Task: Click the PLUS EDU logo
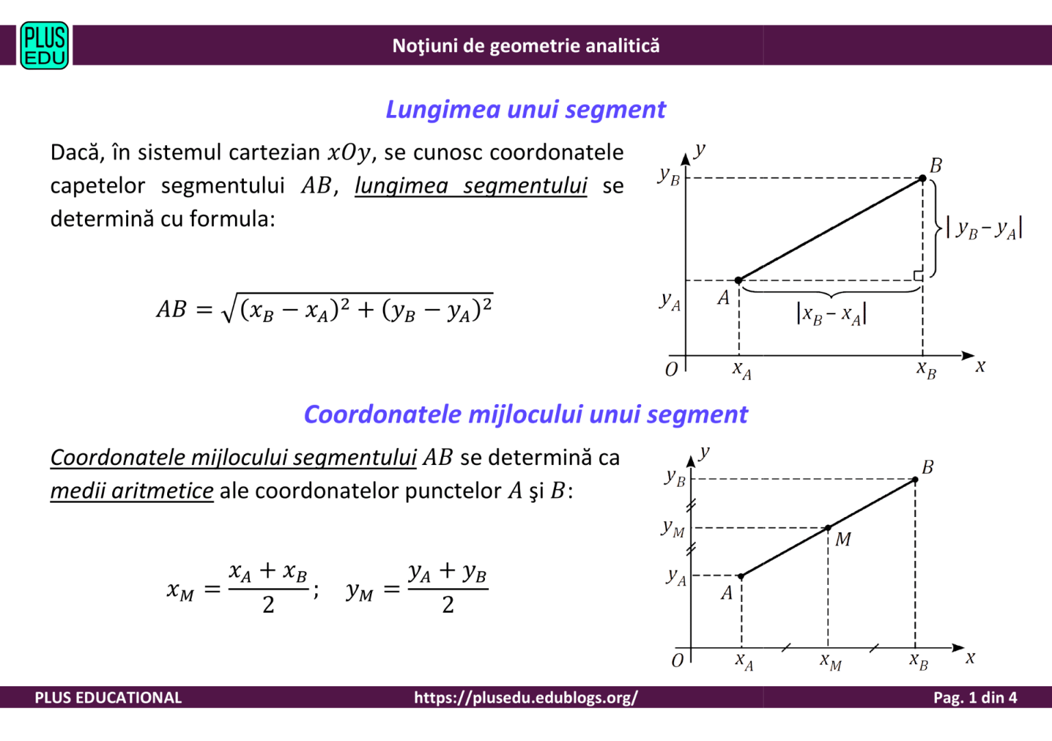(x=45, y=46)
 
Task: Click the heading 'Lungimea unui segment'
(x=525, y=110)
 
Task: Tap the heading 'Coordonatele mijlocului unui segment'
(x=525, y=414)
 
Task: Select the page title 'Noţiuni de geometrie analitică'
(x=525, y=46)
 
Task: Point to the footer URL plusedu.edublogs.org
(x=525, y=697)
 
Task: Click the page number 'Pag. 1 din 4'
(x=975, y=697)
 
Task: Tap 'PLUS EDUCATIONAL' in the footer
(x=108, y=697)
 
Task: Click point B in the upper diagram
(x=923, y=178)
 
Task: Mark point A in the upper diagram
(x=738, y=280)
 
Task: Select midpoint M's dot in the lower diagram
(x=828, y=528)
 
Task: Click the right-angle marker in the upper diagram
(x=918, y=275)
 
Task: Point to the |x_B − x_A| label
(x=831, y=314)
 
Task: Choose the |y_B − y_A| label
(x=984, y=228)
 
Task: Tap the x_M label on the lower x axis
(x=831, y=662)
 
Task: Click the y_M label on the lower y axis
(x=673, y=528)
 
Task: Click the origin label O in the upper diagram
(x=672, y=370)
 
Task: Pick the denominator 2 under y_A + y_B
(x=448, y=605)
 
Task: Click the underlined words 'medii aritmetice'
(x=131, y=491)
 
